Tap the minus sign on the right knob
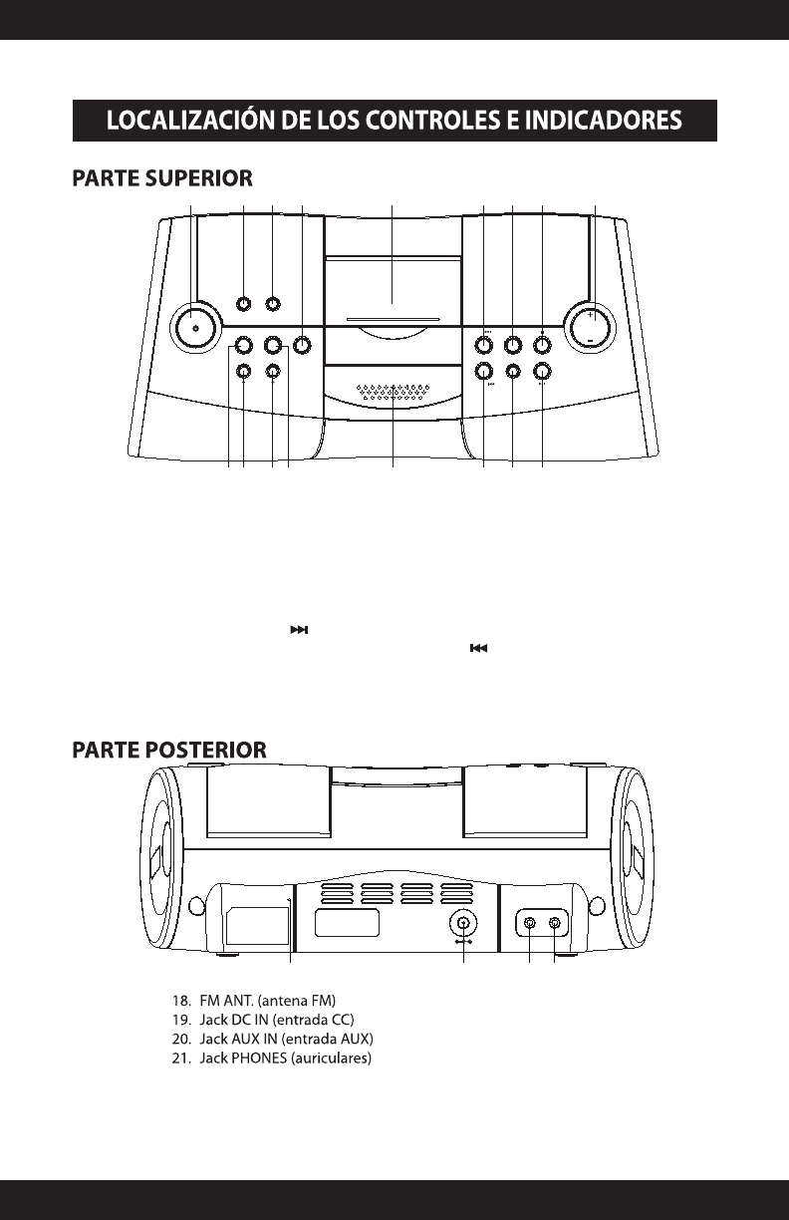[x=591, y=340]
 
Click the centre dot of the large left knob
[x=196, y=328]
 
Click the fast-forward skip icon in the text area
[x=300, y=630]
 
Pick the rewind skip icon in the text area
[x=479, y=649]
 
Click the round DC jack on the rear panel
[x=461, y=921]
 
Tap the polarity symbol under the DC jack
[x=461, y=941]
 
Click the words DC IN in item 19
[x=248, y=1018]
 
